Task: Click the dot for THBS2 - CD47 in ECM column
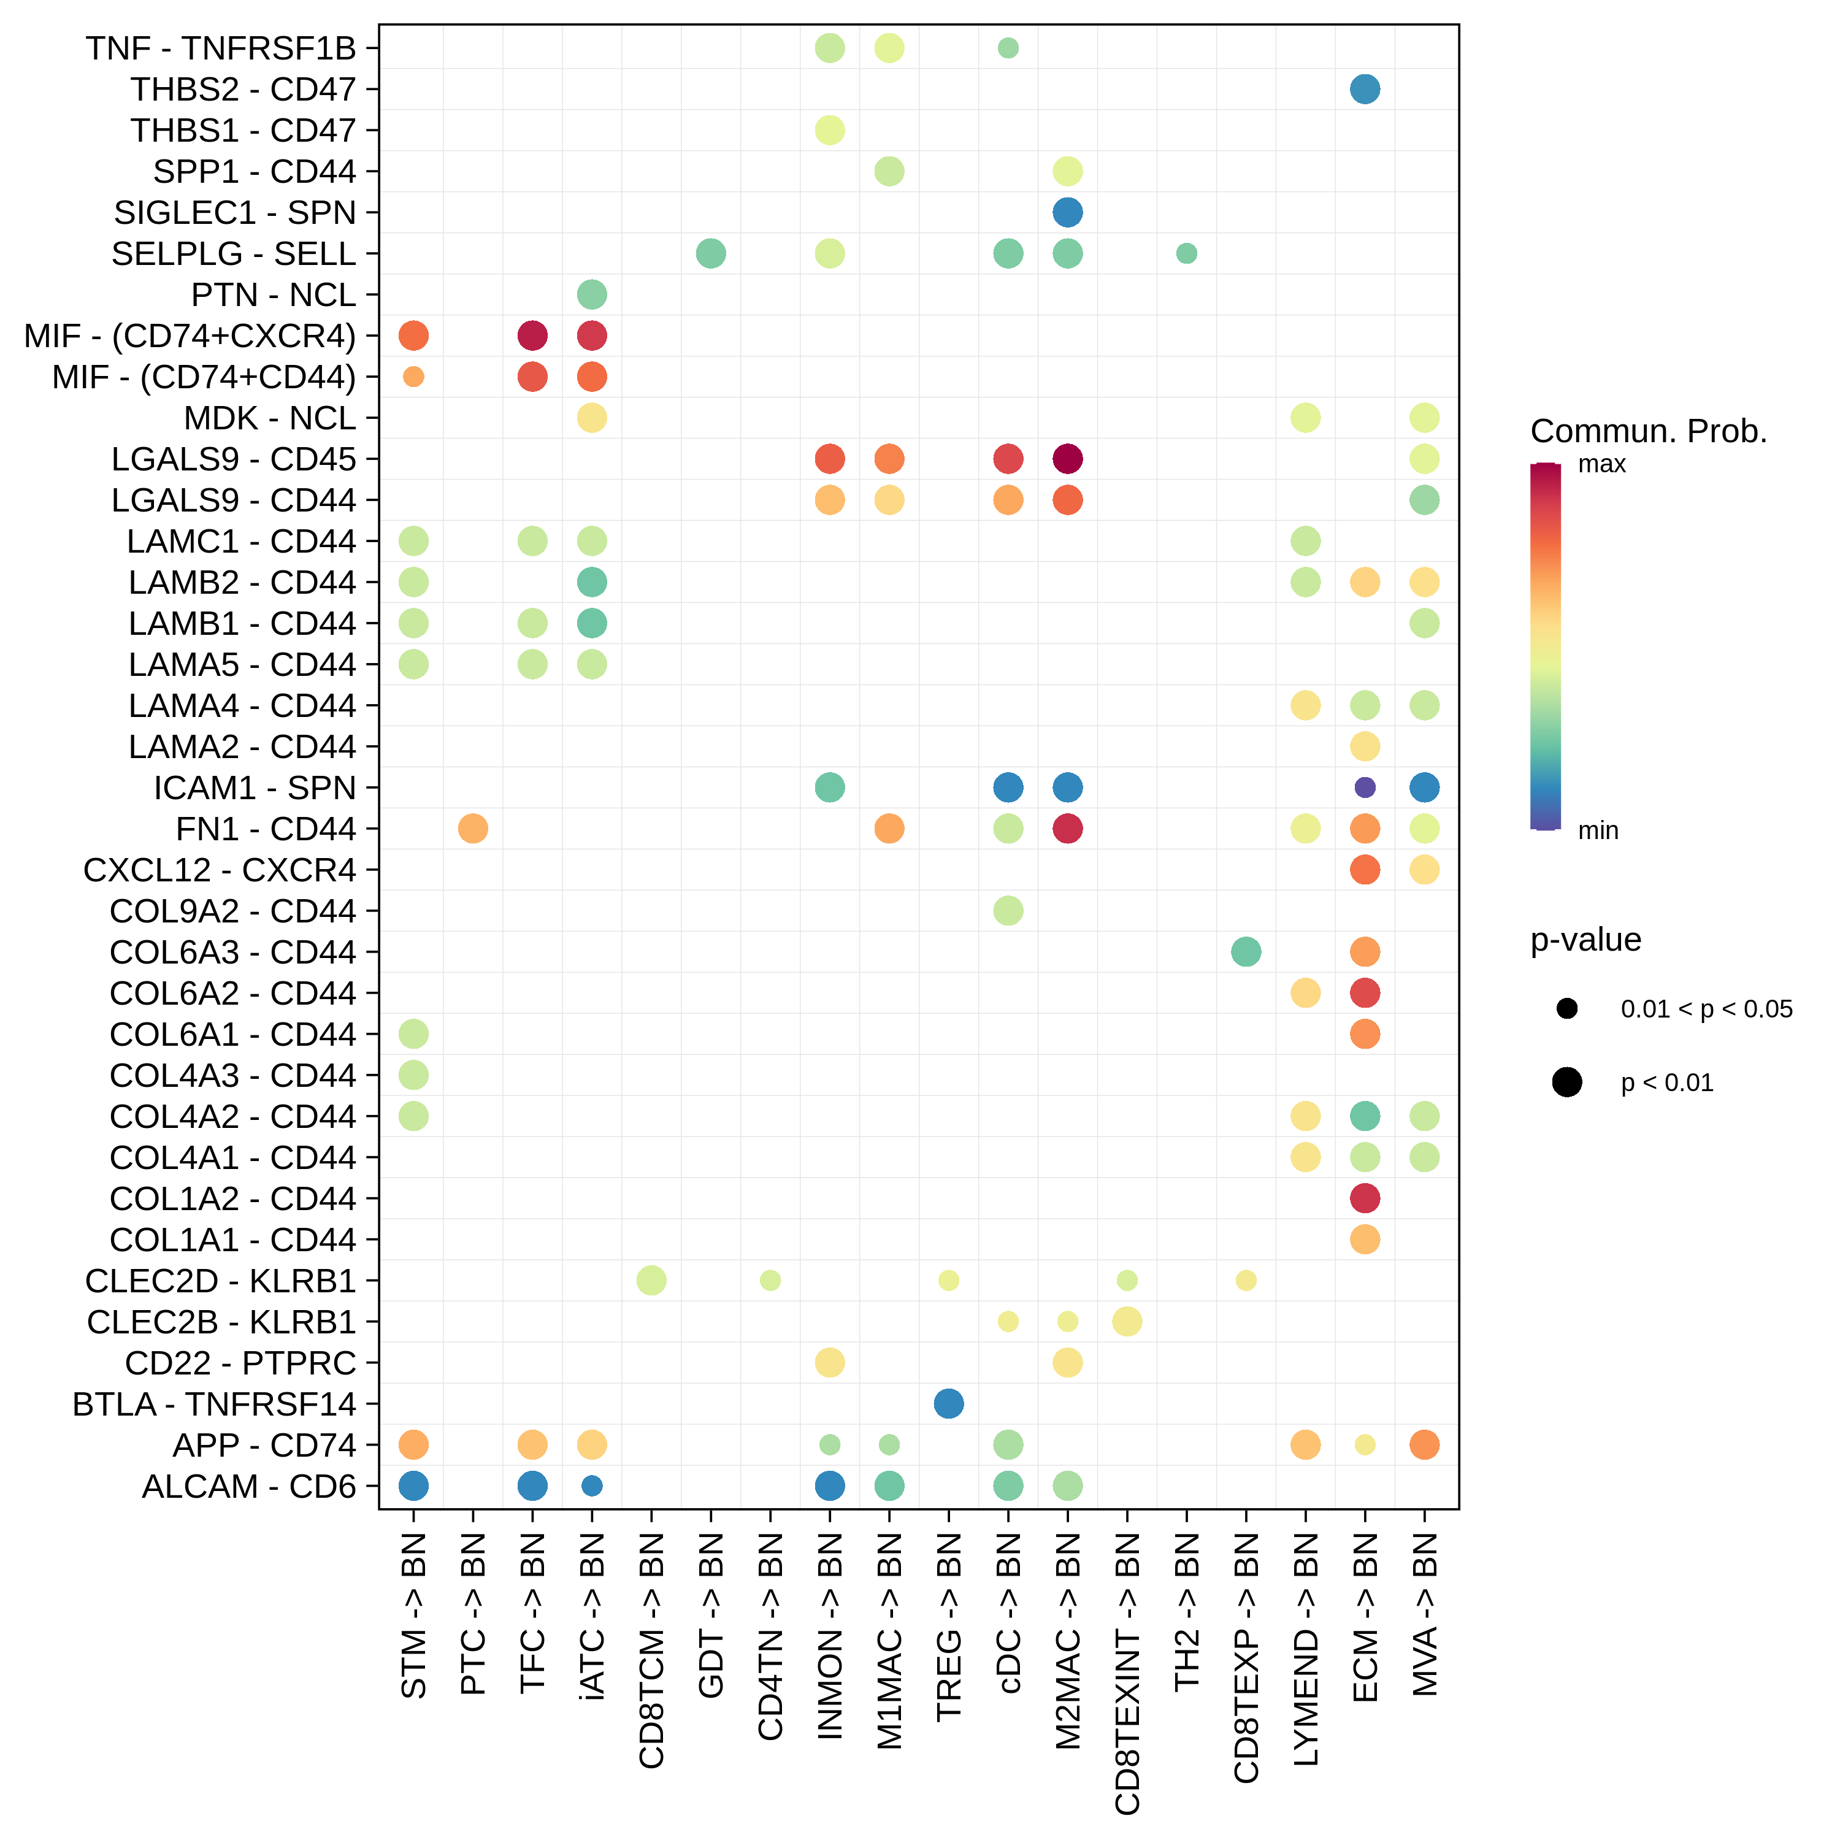(1365, 90)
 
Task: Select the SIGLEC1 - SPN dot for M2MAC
(1068, 212)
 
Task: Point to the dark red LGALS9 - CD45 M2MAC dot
(1068, 459)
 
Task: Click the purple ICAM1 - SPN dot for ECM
(1365, 788)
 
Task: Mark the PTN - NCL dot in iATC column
(591, 295)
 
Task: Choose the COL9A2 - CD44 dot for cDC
(1008, 910)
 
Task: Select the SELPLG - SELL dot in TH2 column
(1187, 253)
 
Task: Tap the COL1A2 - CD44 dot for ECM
(1365, 1198)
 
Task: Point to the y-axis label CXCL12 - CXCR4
(219, 870)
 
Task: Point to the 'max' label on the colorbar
(1602, 465)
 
